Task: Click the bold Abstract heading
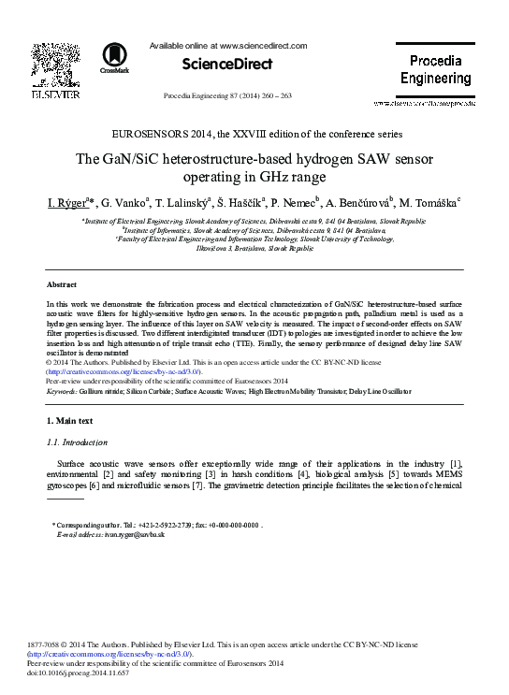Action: click(x=62, y=283)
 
